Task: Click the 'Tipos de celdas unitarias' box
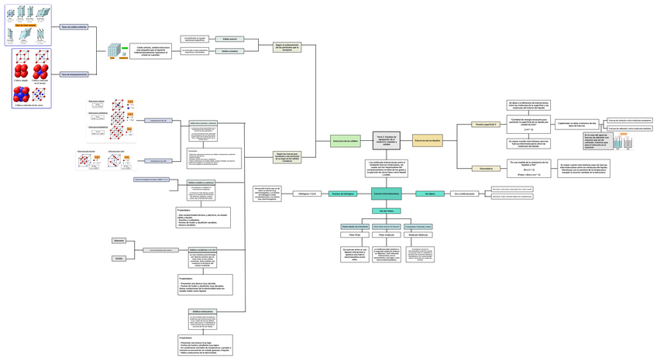coord(74,26)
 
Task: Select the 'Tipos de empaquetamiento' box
coord(74,74)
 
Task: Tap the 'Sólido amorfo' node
coord(232,38)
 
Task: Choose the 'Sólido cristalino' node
coord(232,51)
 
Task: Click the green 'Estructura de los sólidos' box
coord(346,142)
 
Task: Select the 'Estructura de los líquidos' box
coord(428,141)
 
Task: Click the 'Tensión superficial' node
coord(486,124)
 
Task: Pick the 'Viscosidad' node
coord(486,168)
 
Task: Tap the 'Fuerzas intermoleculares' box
coord(387,194)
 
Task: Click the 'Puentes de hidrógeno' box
coord(342,194)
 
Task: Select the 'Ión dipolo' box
coord(430,194)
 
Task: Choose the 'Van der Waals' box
coord(387,211)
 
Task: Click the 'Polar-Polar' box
coord(355,234)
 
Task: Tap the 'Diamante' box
coord(119,241)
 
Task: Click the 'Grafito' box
coord(119,259)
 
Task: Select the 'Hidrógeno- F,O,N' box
coord(308,194)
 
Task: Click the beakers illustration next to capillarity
coord(624,142)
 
